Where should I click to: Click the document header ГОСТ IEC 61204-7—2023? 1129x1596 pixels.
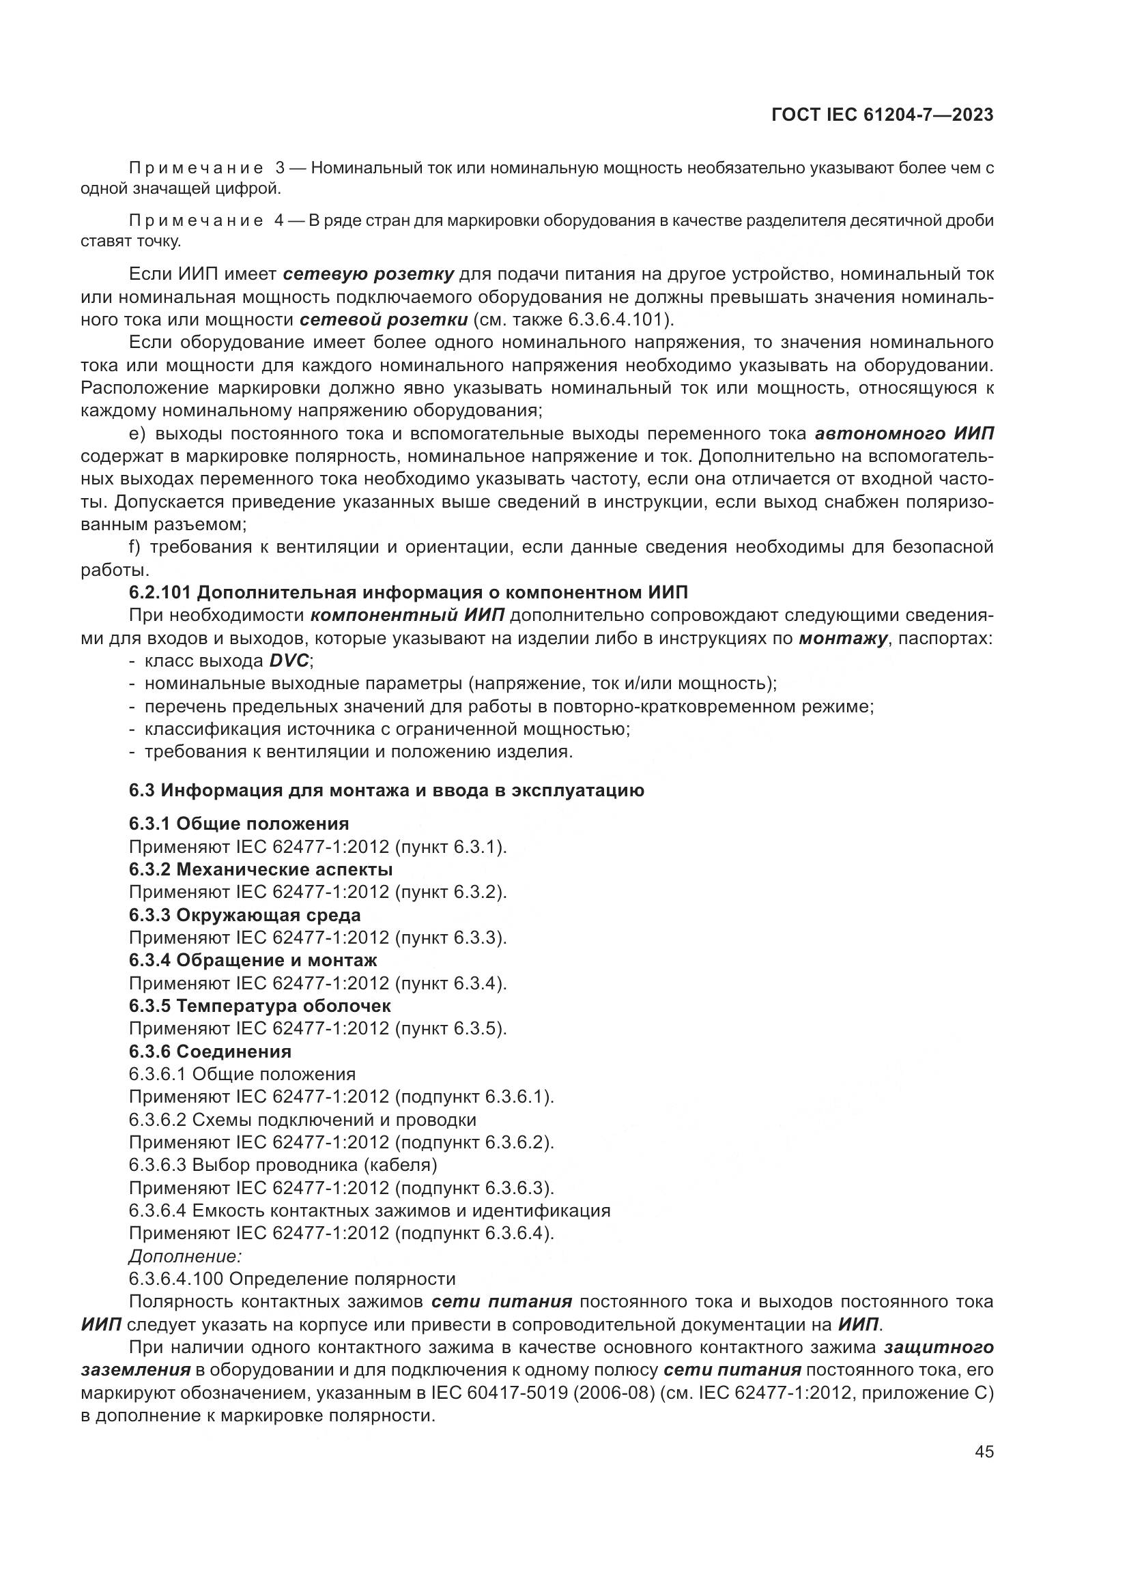point(882,115)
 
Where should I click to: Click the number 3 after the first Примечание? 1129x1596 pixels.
point(280,169)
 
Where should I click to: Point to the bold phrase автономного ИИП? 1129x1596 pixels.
point(904,435)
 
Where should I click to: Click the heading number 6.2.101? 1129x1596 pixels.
point(160,593)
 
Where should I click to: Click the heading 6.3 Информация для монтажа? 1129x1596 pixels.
point(386,790)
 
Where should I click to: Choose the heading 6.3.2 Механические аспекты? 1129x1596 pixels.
point(261,869)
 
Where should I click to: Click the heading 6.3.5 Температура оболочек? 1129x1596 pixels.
point(260,1006)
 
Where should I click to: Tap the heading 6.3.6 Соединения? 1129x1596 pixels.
point(210,1051)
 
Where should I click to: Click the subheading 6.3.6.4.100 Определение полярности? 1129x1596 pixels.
point(292,1278)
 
